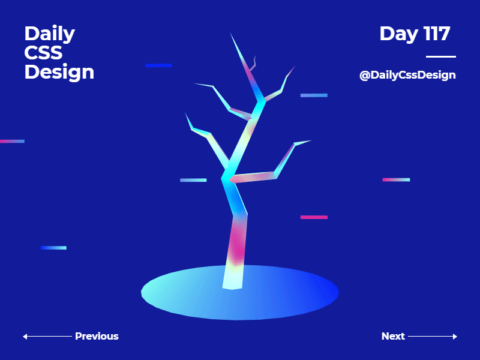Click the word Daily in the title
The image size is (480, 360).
click(x=49, y=34)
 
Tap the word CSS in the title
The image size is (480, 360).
click(x=43, y=53)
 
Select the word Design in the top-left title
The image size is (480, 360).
click(x=59, y=72)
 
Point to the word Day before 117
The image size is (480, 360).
click(x=398, y=34)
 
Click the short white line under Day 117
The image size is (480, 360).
click(x=440, y=56)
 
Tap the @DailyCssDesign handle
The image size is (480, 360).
click(x=407, y=75)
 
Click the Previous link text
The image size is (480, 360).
click(x=97, y=336)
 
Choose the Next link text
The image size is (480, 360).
click(x=393, y=336)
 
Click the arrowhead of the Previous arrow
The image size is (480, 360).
click(x=25, y=337)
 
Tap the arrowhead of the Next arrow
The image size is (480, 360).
click(x=455, y=337)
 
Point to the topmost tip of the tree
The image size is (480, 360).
click(x=231, y=34)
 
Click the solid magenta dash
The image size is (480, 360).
click(x=314, y=217)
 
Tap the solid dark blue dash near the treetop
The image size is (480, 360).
click(x=158, y=65)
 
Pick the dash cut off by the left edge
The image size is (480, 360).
click(x=12, y=141)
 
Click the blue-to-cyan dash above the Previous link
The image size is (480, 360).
click(x=53, y=247)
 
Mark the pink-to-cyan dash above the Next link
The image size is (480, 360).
click(x=396, y=179)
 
